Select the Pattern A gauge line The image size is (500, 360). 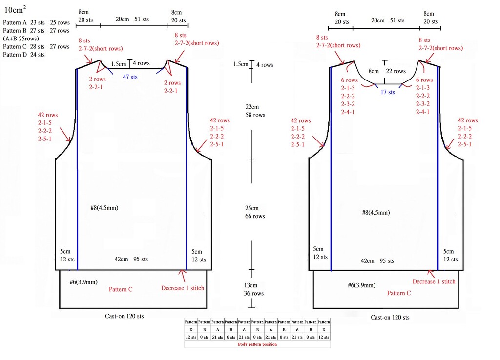[x=36, y=22]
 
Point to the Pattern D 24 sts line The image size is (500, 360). [x=24, y=55]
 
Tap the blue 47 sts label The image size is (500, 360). [x=130, y=77]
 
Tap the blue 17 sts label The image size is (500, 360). [x=388, y=92]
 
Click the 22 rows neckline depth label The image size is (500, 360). [x=396, y=71]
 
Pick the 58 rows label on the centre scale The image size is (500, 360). [x=255, y=115]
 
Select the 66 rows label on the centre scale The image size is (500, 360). [x=255, y=216]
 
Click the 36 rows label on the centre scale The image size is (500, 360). [x=254, y=294]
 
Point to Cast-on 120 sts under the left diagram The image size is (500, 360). [x=125, y=316]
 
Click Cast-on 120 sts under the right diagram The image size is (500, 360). [x=390, y=317]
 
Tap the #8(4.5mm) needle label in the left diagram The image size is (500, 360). [x=104, y=208]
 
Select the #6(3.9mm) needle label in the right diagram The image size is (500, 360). [x=362, y=285]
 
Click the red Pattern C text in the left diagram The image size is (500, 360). [x=121, y=289]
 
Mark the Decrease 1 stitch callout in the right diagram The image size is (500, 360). [x=434, y=281]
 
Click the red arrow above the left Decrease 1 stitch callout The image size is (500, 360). [x=183, y=276]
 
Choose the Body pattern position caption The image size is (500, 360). [x=257, y=344]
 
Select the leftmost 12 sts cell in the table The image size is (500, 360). [x=191, y=337]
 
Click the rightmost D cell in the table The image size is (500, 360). [x=324, y=330]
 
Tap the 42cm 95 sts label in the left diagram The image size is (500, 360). [x=131, y=260]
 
